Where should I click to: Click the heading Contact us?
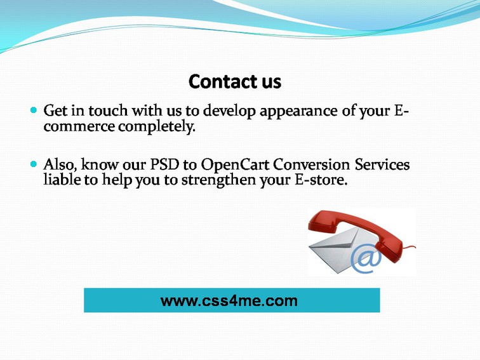(235, 81)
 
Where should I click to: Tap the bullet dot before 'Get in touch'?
(34, 110)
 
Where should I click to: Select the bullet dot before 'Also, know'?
(34, 164)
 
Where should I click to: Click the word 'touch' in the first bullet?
(108, 110)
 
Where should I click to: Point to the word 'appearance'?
(298, 112)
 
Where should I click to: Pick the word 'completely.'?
(157, 127)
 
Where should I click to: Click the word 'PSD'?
(164, 164)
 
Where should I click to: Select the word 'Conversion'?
(311, 164)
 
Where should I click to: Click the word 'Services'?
(382, 164)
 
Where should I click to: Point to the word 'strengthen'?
(218, 180)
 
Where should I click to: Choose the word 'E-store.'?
(321, 180)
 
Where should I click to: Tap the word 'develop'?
(229, 112)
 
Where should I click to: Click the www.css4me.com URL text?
(229, 300)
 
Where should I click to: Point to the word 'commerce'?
(79, 127)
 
